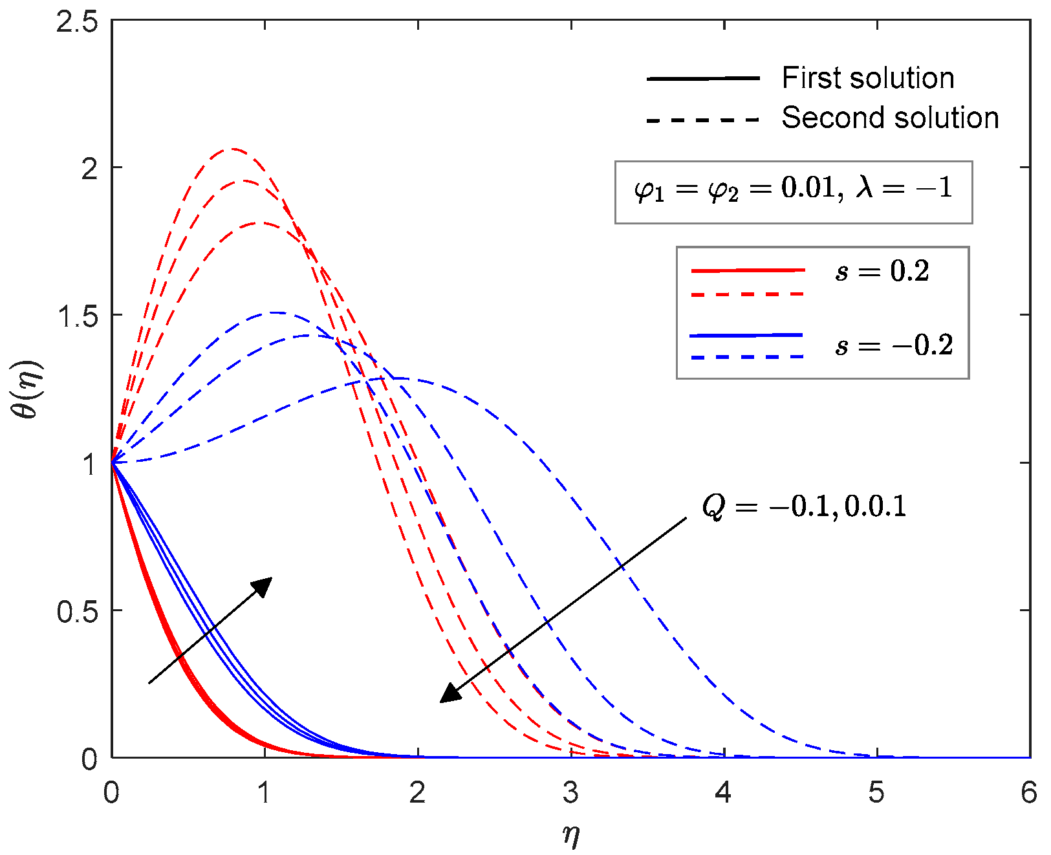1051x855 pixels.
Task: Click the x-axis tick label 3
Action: point(570,792)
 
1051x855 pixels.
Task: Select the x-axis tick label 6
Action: point(1028,792)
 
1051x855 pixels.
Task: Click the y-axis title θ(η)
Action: point(28,389)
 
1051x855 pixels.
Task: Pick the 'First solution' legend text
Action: point(867,78)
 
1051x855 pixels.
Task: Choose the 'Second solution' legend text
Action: point(890,118)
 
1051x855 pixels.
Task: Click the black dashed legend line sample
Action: point(702,120)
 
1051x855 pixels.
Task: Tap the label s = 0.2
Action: point(882,272)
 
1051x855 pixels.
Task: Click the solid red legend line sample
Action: point(748,270)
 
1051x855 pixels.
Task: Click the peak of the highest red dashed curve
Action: point(232,149)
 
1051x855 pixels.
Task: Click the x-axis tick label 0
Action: point(111,792)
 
